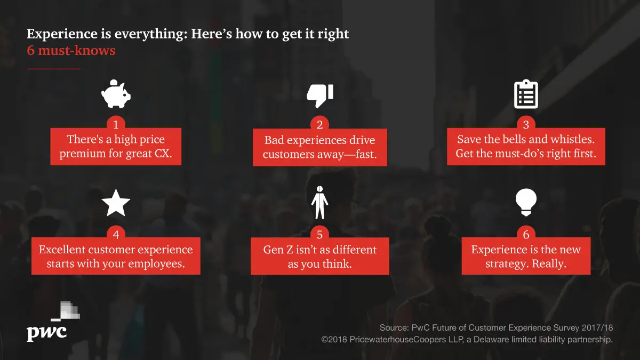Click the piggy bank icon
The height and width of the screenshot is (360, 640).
pyautogui.click(x=116, y=94)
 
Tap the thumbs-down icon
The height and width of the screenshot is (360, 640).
pyautogui.click(x=319, y=95)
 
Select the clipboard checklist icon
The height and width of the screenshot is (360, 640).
pyautogui.click(x=526, y=94)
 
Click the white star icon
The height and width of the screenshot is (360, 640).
pyautogui.click(x=116, y=203)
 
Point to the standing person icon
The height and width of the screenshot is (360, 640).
pyautogui.click(x=319, y=202)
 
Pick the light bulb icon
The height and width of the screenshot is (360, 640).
pyautogui.click(x=526, y=202)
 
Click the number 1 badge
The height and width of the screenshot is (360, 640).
pyautogui.click(x=116, y=124)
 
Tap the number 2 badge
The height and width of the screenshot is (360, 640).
pyautogui.click(x=319, y=124)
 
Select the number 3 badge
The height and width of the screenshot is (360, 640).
pyautogui.click(x=526, y=124)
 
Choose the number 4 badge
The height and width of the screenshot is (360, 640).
pyautogui.click(x=116, y=234)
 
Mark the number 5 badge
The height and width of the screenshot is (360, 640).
pyautogui.click(x=319, y=234)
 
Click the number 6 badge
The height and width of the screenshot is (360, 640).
pyautogui.click(x=526, y=234)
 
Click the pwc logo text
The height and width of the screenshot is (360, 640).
pyautogui.click(x=46, y=333)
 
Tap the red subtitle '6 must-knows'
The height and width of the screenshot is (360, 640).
pyautogui.click(x=71, y=50)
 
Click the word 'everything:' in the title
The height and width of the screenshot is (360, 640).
pyautogui.click(x=151, y=34)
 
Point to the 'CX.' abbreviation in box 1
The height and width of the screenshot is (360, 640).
pyautogui.click(x=163, y=154)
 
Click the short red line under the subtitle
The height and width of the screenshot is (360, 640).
pyautogui.click(x=53, y=69)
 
